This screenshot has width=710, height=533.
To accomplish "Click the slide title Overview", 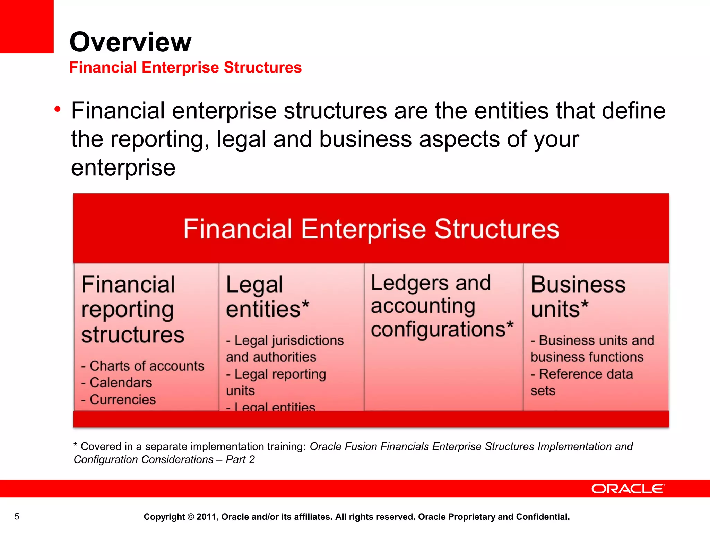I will click(130, 42).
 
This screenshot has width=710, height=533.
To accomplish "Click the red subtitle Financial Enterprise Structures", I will click(185, 67).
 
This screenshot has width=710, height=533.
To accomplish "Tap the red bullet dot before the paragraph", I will click(58, 110).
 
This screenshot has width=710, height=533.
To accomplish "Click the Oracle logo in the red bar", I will click(628, 489).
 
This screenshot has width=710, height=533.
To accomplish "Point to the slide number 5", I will click(17, 516).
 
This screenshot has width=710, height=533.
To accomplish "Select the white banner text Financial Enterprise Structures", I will click(371, 229).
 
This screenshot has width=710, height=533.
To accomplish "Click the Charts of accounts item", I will click(143, 366).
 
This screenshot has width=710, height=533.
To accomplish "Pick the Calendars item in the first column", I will click(117, 382).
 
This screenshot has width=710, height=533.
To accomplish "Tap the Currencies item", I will click(119, 399).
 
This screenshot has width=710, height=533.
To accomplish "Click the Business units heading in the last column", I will click(578, 296).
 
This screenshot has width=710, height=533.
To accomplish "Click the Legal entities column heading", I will click(267, 296).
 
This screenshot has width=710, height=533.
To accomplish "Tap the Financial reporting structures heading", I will click(132, 309).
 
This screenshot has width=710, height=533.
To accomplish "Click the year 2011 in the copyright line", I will click(207, 517).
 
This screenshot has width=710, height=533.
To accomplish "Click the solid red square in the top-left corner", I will click(27, 26).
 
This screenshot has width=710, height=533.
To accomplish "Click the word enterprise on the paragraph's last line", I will click(123, 168).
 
